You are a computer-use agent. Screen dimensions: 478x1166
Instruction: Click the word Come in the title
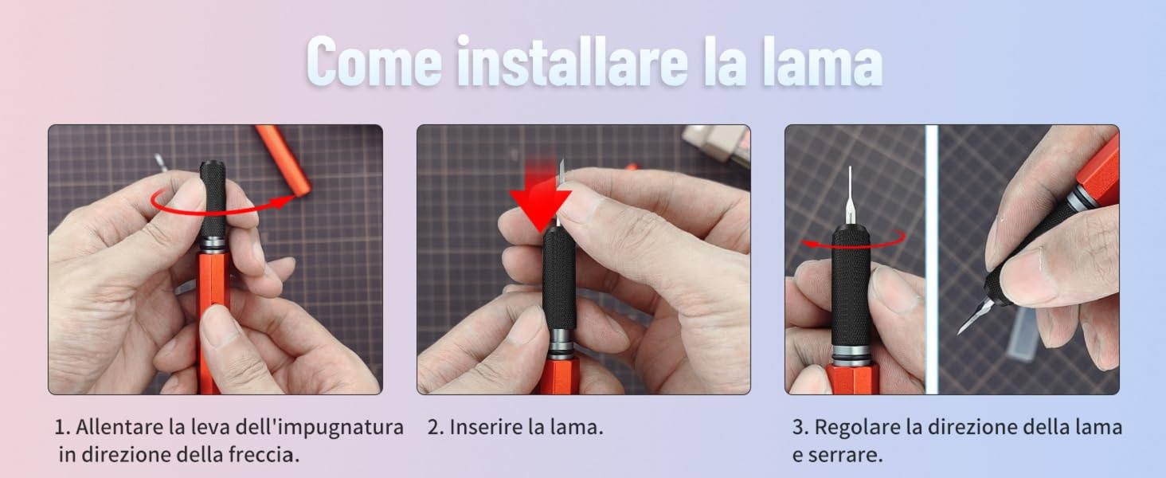click(x=373, y=61)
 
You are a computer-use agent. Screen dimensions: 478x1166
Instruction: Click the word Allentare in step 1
click(x=120, y=427)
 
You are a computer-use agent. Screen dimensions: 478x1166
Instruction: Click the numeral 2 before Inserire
click(x=434, y=427)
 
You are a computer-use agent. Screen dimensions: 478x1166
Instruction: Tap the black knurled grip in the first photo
click(x=212, y=195)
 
